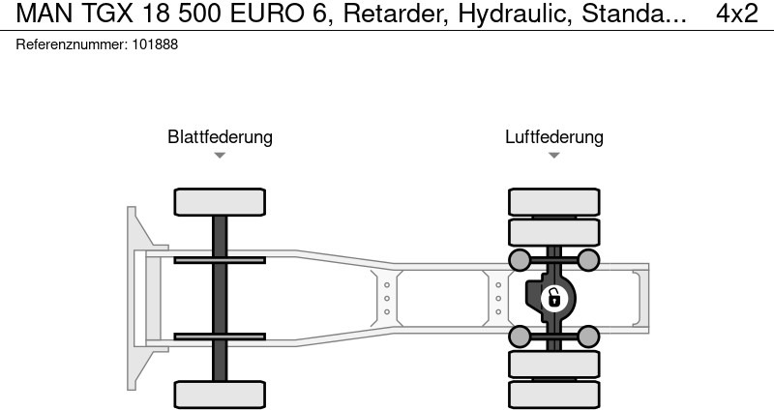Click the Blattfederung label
220,136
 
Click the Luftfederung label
553,136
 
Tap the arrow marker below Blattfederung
220,155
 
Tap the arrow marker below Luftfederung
553,155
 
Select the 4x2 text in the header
737,14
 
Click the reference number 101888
155,44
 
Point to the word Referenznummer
72,44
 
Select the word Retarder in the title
396,14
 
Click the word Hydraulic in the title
516,14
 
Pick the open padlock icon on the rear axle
553,299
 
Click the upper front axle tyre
220,202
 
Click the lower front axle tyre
220,395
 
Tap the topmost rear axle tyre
553,202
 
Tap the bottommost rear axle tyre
553,395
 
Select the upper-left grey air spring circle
520,260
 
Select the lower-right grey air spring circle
588,337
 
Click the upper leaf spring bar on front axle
220,260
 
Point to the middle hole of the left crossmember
386,299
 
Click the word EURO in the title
267,14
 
